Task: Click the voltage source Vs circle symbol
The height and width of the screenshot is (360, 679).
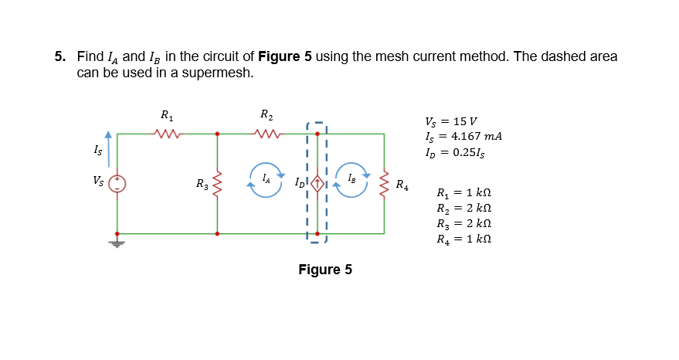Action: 117,184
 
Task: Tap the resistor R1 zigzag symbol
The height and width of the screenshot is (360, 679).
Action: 167,134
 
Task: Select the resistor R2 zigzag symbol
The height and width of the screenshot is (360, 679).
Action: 267,134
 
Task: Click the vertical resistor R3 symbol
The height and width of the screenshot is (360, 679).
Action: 216,184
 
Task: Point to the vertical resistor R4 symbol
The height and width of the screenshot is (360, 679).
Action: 384,184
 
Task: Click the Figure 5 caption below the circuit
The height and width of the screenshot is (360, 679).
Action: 324,270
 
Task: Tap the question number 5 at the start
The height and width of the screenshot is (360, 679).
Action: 59,57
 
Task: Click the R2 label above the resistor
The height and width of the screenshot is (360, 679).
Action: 266,116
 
